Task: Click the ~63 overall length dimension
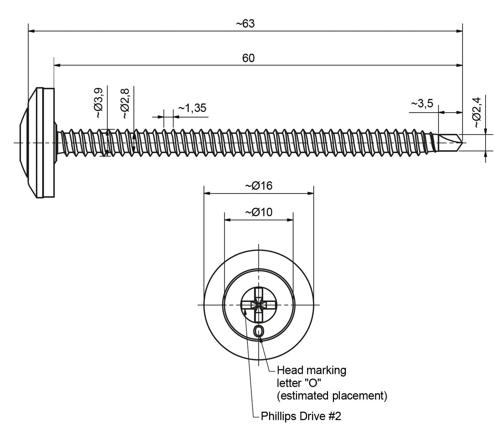click(x=245, y=24)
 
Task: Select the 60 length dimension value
click(x=248, y=58)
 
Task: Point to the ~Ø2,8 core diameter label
click(x=125, y=104)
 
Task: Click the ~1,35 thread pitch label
click(x=192, y=108)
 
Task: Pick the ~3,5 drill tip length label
click(x=422, y=103)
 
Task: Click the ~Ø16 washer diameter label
click(x=258, y=186)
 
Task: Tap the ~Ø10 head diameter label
click(x=258, y=212)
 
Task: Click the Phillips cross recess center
click(x=258, y=305)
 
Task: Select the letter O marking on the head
click(x=258, y=331)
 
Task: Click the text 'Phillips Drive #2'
click(x=301, y=416)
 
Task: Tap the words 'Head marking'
click(x=311, y=370)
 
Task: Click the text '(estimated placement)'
click(x=332, y=396)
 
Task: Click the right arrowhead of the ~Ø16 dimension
click(x=311, y=193)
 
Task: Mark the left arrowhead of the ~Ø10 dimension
click(x=227, y=220)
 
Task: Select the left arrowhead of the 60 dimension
click(x=57, y=65)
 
